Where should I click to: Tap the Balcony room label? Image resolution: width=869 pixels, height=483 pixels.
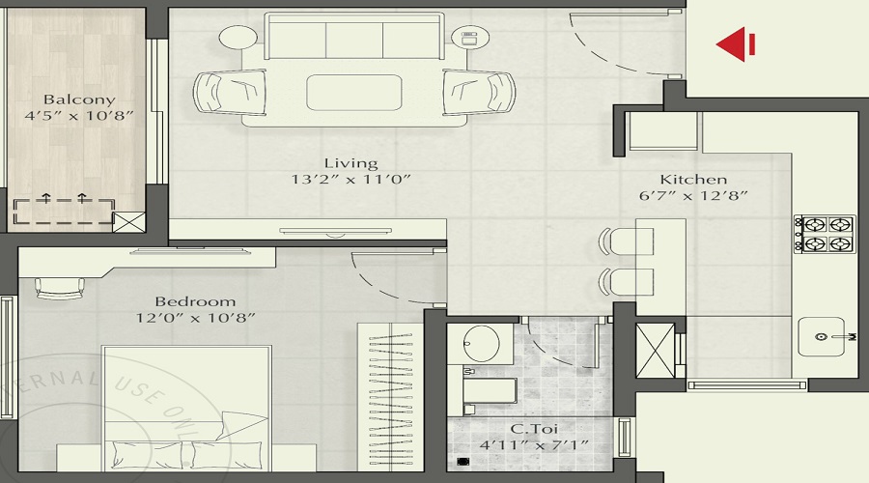(x=79, y=99)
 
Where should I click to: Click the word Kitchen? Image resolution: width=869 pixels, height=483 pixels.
(x=693, y=180)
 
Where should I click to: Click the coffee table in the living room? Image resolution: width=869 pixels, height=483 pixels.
(x=353, y=93)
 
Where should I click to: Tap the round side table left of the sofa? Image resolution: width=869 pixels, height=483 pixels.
(x=235, y=40)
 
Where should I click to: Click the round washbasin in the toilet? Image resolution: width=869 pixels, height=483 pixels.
(x=480, y=343)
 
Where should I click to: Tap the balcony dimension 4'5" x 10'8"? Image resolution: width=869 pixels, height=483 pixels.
(x=79, y=115)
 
